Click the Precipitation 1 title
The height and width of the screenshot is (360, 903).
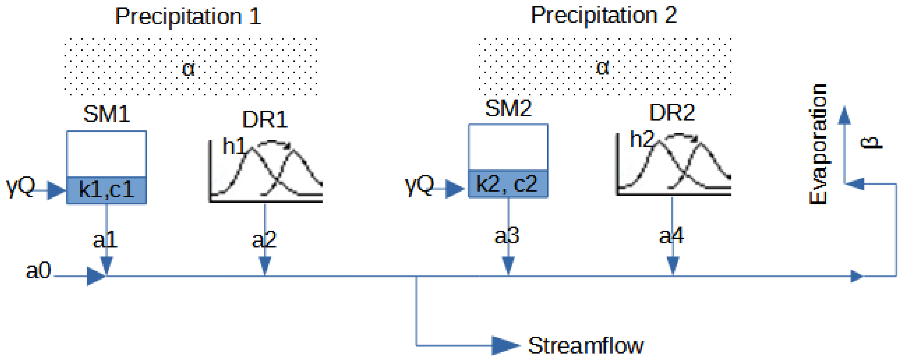188,17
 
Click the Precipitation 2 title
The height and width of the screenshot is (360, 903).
603,15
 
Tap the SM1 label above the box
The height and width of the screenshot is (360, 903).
107,114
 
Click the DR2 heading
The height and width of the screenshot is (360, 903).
672,113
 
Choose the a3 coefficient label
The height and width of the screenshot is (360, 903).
506,236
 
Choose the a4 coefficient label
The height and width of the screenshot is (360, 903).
671,236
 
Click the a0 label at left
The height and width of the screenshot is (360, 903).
39,271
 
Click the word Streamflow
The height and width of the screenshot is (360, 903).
586,346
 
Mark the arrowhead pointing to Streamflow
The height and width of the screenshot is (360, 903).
505,346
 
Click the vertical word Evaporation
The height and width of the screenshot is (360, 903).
818,144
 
